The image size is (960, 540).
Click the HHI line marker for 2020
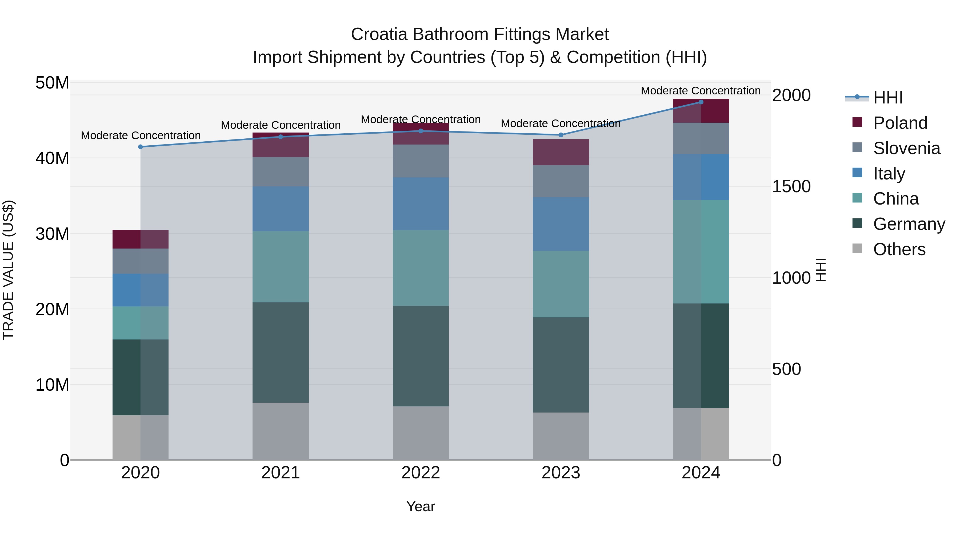point(141,147)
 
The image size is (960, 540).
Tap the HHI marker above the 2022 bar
point(421,131)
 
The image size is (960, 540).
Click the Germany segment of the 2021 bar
point(281,352)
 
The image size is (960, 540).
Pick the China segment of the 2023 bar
point(561,284)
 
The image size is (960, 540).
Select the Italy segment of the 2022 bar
point(421,203)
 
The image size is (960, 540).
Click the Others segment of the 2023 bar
point(561,436)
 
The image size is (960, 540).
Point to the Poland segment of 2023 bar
point(561,152)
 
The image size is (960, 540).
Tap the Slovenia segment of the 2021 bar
point(281,171)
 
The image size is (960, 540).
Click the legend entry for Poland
point(900,123)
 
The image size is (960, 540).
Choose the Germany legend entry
point(909,224)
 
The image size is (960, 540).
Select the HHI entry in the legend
point(888,98)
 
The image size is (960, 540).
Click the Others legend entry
point(899,249)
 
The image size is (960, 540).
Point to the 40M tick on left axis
point(52,158)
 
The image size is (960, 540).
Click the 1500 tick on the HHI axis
point(791,186)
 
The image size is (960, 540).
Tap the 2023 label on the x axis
point(561,473)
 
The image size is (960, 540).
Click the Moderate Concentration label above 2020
point(141,135)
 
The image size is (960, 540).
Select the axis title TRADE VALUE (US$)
point(8,270)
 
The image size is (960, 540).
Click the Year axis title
point(421,506)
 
